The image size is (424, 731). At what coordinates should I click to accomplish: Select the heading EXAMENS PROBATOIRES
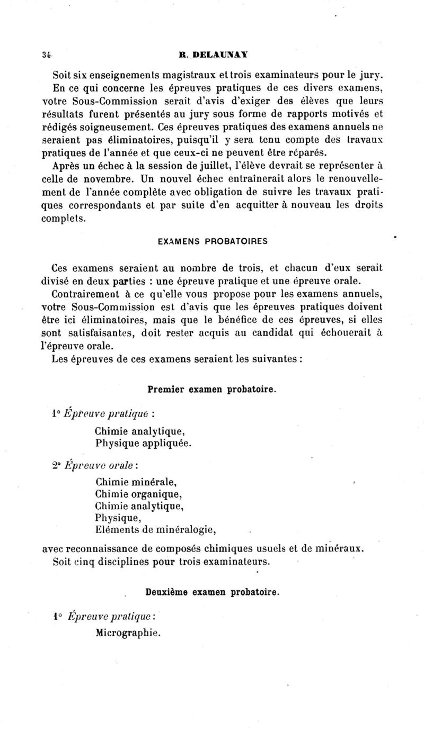click(213, 241)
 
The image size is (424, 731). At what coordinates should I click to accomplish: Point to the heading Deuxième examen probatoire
click(211, 592)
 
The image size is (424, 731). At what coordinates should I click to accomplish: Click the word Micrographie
click(128, 632)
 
